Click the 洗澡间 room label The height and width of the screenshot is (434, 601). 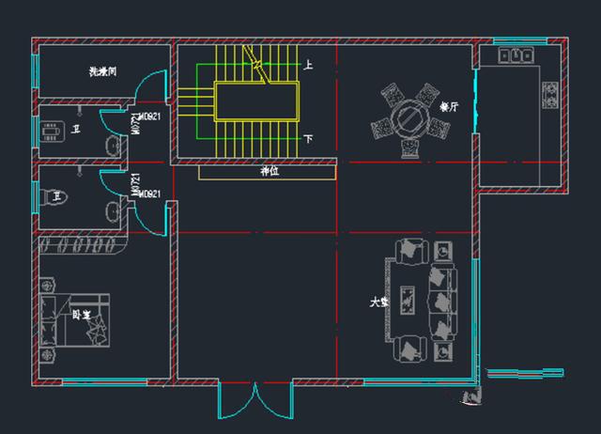(102, 71)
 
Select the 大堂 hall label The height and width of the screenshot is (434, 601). (378, 303)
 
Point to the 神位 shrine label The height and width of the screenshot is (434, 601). (270, 172)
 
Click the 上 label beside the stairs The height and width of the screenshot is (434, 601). (308, 65)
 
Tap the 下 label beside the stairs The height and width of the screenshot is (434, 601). (308, 138)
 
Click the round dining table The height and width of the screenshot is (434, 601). (410, 117)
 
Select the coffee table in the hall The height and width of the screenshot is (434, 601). (408, 302)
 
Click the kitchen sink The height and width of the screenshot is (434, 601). (516, 56)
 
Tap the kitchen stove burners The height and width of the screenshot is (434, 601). (550, 92)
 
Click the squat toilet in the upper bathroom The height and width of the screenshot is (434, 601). (54, 132)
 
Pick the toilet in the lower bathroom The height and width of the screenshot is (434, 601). (53, 195)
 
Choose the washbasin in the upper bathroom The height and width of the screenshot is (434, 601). (114, 147)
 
